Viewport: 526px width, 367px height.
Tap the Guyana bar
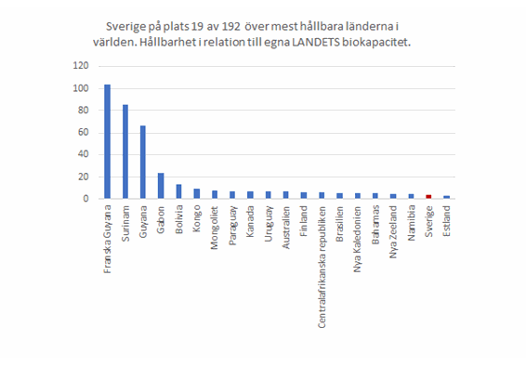(142, 163)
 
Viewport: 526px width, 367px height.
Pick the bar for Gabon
(161, 186)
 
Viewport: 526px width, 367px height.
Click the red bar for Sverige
(427, 197)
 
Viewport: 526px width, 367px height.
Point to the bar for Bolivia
(178, 191)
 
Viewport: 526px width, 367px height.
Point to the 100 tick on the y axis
(82, 88)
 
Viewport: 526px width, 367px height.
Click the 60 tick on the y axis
(84, 132)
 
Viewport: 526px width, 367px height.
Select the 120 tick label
(82, 66)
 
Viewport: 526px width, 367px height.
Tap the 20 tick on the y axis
(84, 177)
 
